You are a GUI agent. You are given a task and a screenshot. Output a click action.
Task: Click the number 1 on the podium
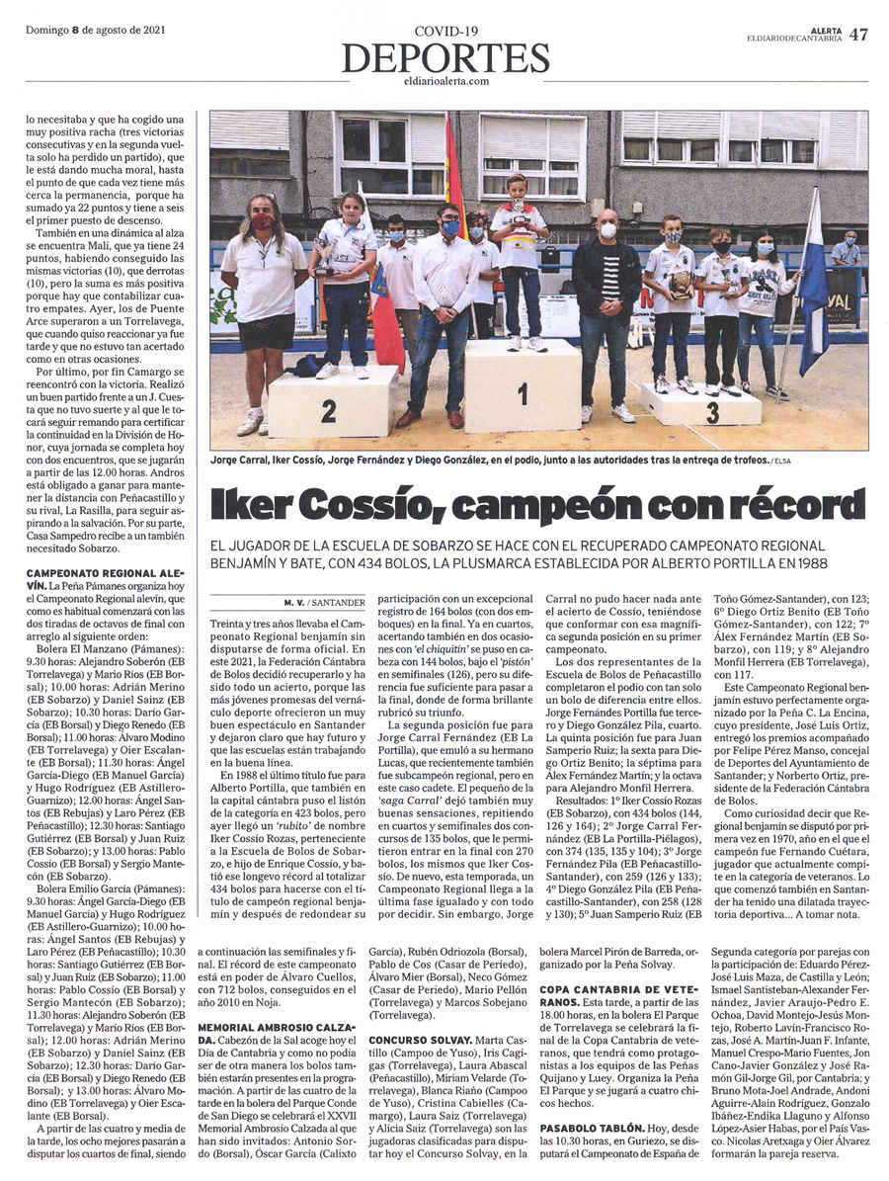(523, 394)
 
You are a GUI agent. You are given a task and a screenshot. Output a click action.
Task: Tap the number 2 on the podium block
(329, 408)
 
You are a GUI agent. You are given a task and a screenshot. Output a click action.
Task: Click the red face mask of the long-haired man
(262, 221)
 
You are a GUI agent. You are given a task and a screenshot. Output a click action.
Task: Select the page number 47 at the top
(858, 34)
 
